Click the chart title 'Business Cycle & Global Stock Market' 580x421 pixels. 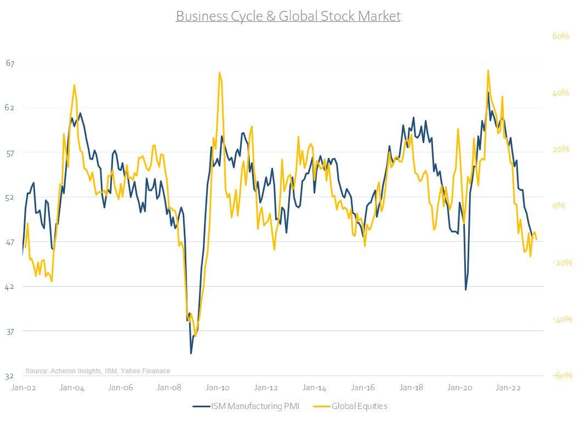[288, 16]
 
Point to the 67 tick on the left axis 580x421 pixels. [10, 63]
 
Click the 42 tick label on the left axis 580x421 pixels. [10, 287]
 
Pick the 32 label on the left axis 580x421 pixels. [10, 377]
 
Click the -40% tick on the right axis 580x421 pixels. [561, 319]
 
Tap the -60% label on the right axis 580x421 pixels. [561, 376]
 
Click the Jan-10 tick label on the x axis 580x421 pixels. [218, 388]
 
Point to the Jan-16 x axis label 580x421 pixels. [363, 388]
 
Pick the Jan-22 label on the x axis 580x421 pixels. [508, 388]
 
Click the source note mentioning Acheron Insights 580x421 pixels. [98, 371]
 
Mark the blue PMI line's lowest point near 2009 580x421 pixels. [191, 353]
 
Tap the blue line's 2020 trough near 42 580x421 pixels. [465, 289]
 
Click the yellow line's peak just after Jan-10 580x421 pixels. [219, 72]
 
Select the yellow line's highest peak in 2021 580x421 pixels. [487, 70]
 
